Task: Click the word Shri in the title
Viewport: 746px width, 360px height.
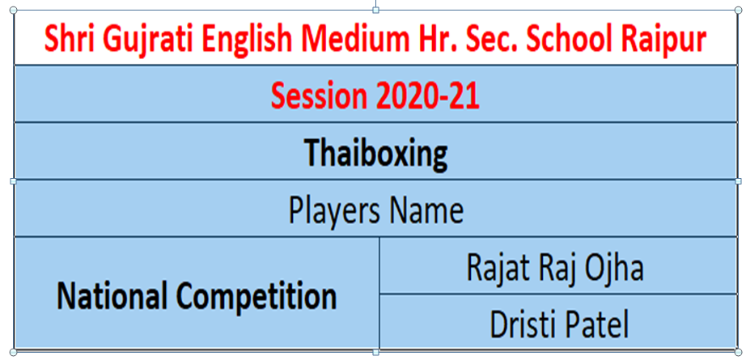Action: (66, 40)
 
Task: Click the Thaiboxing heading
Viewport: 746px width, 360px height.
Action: (376, 154)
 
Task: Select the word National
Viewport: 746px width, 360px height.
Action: (112, 297)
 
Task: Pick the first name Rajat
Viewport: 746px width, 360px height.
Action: (495, 268)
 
